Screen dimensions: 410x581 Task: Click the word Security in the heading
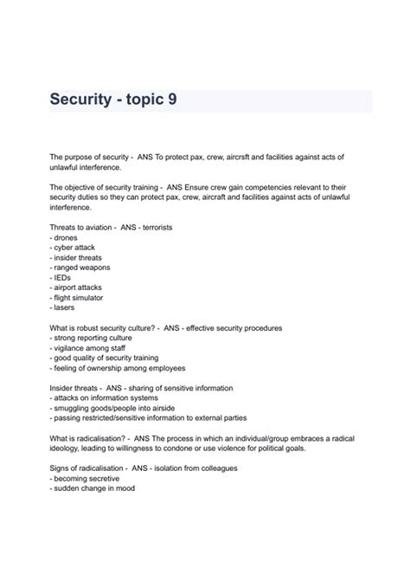[x=85, y=100]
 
